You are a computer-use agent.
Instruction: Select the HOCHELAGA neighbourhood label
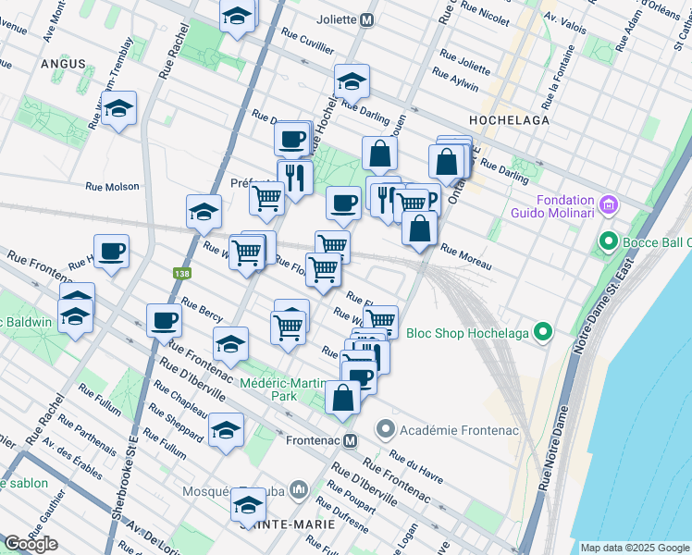click(x=509, y=120)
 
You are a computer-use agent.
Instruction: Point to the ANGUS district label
click(x=63, y=64)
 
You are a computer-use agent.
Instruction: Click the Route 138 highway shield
click(x=182, y=274)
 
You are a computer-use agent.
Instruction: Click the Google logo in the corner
click(x=31, y=543)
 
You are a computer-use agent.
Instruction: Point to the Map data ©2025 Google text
click(x=635, y=548)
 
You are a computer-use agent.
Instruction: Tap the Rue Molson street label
click(x=112, y=186)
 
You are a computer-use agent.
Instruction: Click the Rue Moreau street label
click(x=464, y=258)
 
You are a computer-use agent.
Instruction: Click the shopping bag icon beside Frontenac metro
click(x=342, y=398)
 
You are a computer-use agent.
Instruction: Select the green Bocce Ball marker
click(x=608, y=242)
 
